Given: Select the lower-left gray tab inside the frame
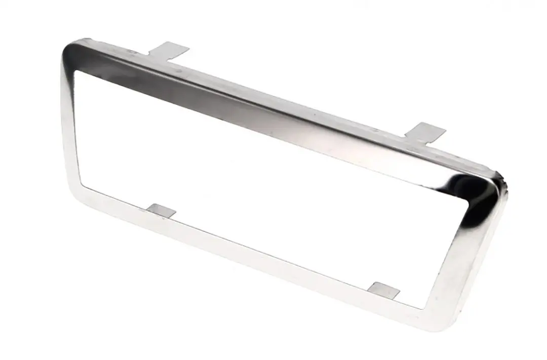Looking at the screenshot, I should pos(162,210).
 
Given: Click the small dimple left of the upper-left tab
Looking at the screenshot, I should pos(133,51).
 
